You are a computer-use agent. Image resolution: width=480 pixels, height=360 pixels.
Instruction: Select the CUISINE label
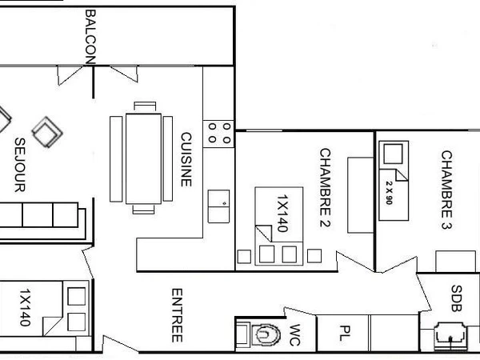pyautogui.click(x=186, y=159)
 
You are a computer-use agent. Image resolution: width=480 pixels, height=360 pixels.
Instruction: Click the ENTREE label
pyautogui.click(x=178, y=316)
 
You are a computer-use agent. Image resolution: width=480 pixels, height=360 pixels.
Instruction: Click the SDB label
pyautogui.click(x=456, y=298)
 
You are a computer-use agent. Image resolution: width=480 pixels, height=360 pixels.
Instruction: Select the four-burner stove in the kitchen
pyautogui.click(x=219, y=132)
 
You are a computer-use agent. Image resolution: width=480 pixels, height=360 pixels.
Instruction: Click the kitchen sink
pyautogui.click(x=219, y=206)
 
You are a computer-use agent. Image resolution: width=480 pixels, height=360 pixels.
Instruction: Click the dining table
pyautogui.click(x=145, y=158)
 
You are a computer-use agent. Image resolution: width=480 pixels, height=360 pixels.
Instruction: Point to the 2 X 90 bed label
pyautogui.click(x=390, y=188)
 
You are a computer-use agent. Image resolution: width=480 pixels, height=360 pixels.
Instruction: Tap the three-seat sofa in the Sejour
pyautogui.click(x=40, y=216)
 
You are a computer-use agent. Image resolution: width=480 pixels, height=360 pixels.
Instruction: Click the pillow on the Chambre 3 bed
pyautogui.click(x=394, y=154)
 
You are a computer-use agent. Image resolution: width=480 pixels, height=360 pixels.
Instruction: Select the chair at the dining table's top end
pyautogui.click(x=145, y=106)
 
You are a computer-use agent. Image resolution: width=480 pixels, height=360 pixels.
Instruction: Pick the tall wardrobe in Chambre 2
pyautogui.click(x=360, y=194)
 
